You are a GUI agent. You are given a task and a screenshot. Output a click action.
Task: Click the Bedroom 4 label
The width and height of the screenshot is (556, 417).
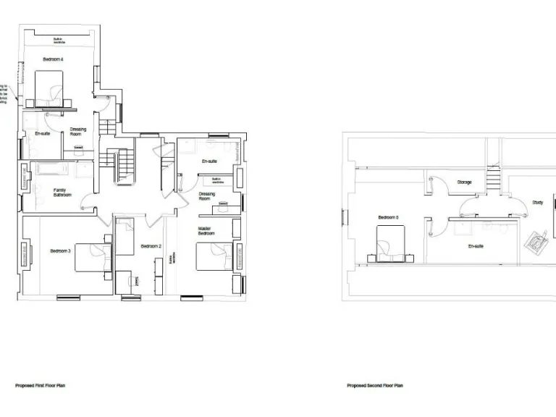point(53,59)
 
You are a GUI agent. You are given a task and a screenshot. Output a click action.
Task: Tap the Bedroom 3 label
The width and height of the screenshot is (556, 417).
point(60,251)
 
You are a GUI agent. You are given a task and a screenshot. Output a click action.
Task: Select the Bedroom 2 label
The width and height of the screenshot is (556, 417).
point(151,246)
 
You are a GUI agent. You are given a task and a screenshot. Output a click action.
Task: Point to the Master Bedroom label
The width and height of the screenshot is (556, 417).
point(206,231)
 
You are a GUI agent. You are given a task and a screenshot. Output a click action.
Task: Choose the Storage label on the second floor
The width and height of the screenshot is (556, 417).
point(464,182)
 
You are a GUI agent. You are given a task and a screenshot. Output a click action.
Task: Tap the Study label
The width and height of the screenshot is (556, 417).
point(537,203)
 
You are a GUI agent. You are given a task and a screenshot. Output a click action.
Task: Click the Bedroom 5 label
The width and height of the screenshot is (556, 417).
point(388,217)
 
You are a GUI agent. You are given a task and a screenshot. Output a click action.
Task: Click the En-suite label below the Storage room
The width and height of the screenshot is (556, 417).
point(476,246)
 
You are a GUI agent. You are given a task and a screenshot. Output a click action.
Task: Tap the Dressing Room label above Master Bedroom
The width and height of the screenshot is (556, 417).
point(206,196)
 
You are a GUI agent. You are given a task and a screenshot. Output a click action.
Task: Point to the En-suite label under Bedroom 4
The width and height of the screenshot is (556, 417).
point(43,134)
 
